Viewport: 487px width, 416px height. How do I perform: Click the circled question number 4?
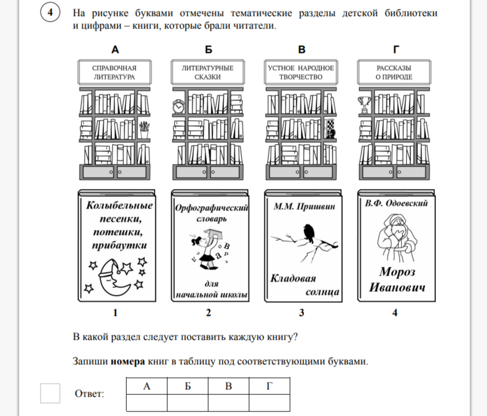point(50,13)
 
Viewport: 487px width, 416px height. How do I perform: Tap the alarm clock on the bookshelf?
point(178,107)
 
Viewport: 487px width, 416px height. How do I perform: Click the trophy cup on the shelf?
point(365,105)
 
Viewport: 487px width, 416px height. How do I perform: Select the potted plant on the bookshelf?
point(144,130)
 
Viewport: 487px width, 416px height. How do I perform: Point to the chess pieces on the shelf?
point(330,128)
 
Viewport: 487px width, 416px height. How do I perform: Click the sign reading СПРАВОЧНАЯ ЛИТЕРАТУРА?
point(115,72)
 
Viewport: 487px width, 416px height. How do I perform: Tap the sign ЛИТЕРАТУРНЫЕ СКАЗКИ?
point(208,72)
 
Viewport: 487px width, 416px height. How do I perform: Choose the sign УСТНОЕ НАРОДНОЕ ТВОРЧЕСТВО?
point(301,72)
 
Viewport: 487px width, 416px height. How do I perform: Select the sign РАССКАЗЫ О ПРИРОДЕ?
point(394,72)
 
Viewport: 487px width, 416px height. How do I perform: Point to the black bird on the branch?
point(309,233)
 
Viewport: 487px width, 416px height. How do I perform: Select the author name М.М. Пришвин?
point(305,206)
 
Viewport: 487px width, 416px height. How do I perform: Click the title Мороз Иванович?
point(397,280)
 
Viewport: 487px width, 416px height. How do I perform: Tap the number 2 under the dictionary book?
point(209,312)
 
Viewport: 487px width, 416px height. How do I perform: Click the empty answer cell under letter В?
point(228,402)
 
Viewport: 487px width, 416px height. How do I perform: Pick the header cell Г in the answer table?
point(269,386)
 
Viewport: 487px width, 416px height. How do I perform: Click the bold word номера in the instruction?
point(128,361)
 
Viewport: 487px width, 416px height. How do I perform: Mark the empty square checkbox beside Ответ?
point(51,393)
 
